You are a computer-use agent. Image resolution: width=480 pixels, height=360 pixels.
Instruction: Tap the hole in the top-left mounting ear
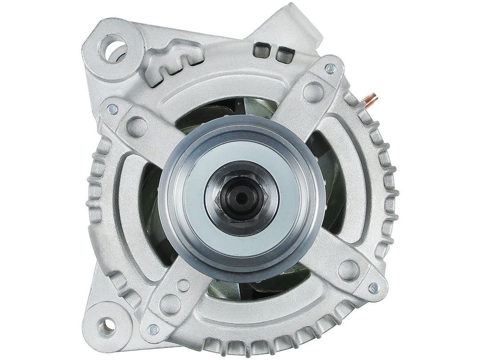pos(113,48)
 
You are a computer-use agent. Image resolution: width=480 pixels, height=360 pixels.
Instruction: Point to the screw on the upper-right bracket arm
pos(330,68)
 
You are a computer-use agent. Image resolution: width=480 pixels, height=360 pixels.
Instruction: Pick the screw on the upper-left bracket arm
pos(113,109)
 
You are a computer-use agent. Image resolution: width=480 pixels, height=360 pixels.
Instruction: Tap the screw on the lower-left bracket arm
pos(153,329)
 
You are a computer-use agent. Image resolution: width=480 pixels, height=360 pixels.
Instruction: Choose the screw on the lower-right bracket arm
pos(373,288)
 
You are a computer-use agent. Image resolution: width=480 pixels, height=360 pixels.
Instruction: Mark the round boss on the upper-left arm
pos(136,126)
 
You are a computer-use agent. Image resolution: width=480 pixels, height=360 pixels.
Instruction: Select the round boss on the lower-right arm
pos(348,270)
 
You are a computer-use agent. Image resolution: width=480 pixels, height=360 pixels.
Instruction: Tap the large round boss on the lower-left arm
pos(170,304)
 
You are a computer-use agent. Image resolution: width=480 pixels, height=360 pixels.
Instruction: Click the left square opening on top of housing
pos(261,50)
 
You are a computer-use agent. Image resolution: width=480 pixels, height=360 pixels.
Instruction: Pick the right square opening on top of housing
pos(284,55)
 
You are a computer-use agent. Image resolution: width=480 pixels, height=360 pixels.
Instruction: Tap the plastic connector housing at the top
pos(293,27)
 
